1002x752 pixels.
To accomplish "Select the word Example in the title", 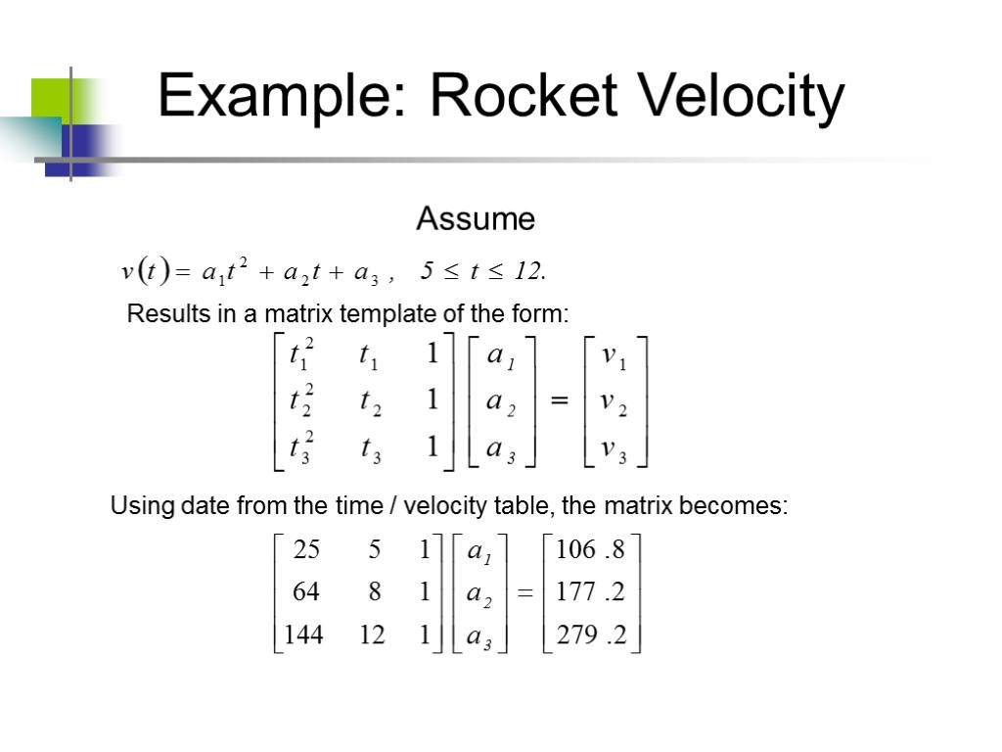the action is click(x=281, y=99).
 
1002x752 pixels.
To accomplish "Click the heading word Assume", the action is click(x=476, y=219).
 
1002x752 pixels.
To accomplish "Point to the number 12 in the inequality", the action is click(x=528, y=272).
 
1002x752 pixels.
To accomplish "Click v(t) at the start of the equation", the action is click(x=146, y=271).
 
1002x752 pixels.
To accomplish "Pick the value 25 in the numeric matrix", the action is click(x=306, y=550).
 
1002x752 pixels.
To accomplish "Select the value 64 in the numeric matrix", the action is click(x=306, y=592).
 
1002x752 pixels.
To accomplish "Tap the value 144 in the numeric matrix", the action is click(x=304, y=635).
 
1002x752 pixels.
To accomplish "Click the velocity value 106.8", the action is click(x=590, y=550).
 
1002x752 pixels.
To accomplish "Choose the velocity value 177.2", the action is click(x=590, y=592).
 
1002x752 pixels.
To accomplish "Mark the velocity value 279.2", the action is click(x=590, y=635).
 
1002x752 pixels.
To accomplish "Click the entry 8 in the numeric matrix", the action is click(x=374, y=592).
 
